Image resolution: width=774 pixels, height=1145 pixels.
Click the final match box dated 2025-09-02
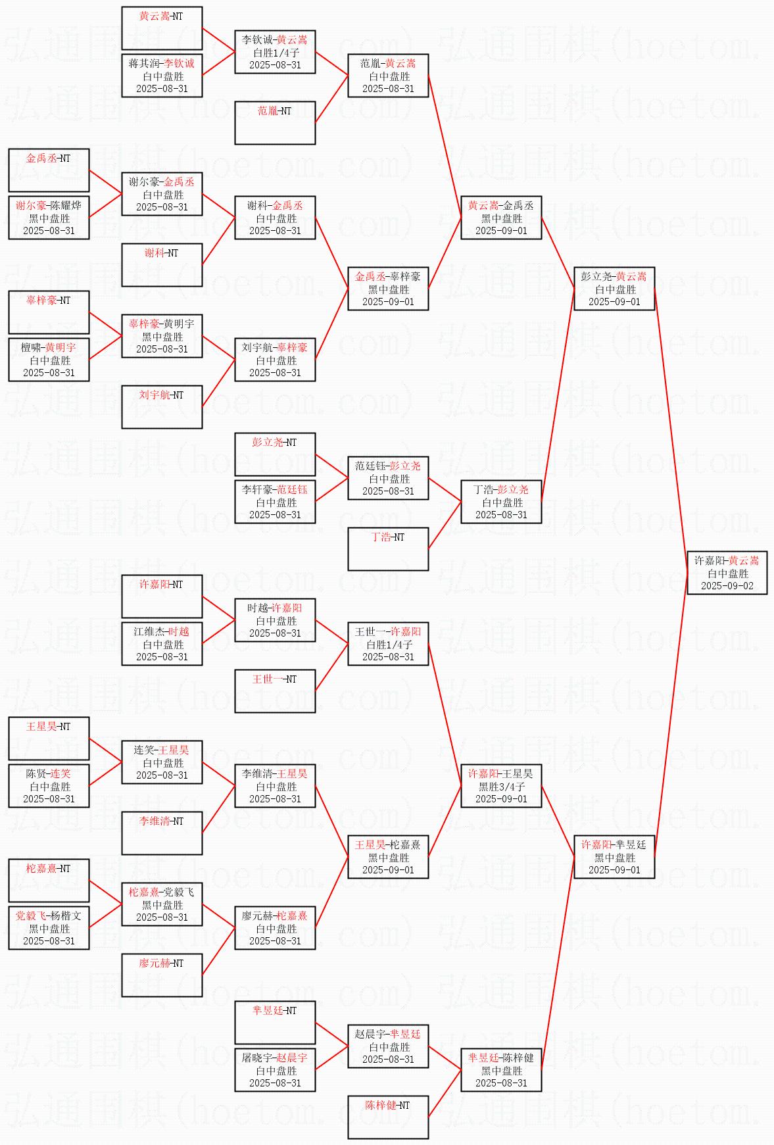click(x=727, y=573)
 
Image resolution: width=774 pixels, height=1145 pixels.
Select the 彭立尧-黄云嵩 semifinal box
click(x=614, y=289)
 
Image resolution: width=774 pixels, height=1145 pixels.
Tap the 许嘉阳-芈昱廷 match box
click(x=614, y=857)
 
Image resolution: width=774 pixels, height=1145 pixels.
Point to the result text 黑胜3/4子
click(x=501, y=787)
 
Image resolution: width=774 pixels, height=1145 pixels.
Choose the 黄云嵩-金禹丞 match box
click(x=501, y=218)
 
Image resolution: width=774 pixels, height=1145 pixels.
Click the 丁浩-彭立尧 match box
click(x=501, y=502)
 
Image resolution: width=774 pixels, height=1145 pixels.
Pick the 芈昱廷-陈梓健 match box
click(x=501, y=1070)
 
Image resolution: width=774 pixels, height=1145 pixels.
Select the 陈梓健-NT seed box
click(x=388, y=1117)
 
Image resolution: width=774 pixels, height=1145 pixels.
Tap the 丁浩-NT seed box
click(x=388, y=548)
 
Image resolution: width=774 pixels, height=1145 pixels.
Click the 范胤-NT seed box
click(x=275, y=122)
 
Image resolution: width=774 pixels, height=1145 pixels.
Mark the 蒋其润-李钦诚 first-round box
click(x=162, y=76)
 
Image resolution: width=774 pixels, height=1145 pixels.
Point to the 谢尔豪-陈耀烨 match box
click(x=49, y=218)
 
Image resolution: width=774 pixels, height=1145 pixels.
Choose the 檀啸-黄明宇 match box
click(x=49, y=360)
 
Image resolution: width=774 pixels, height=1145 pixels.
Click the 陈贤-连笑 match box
click(x=49, y=786)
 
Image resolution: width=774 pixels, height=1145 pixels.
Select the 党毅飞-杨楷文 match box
click(x=49, y=928)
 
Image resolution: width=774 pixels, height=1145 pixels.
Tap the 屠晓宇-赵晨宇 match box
click(x=275, y=1070)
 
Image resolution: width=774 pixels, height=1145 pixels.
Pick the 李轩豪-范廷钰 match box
click(x=275, y=502)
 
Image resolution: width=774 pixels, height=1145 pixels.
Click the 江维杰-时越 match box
click(x=162, y=644)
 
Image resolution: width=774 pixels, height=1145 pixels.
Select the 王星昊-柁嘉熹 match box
click(x=388, y=857)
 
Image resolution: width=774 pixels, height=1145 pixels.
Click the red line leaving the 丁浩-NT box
click(x=445, y=525)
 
